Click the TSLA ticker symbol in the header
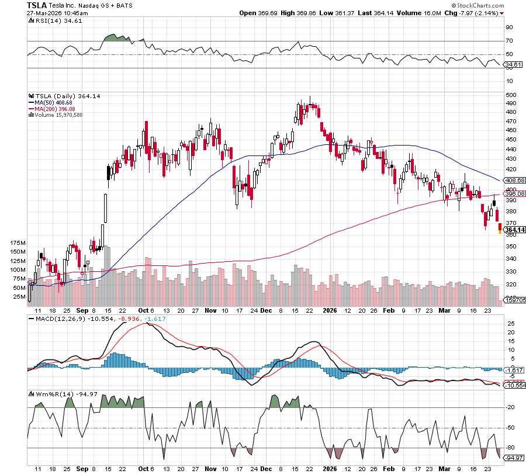pyautogui.click(x=36, y=5)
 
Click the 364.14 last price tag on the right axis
pyautogui.click(x=515, y=229)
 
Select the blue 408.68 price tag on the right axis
pyautogui.click(x=515, y=181)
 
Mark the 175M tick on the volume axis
pyautogui.click(x=19, y=242)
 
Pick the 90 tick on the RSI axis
pyautogui.click(x=510, y=27)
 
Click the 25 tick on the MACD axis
pyautogui.click(x=510, y=323)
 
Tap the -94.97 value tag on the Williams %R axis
pyautogui.click(x=515, y=458)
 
